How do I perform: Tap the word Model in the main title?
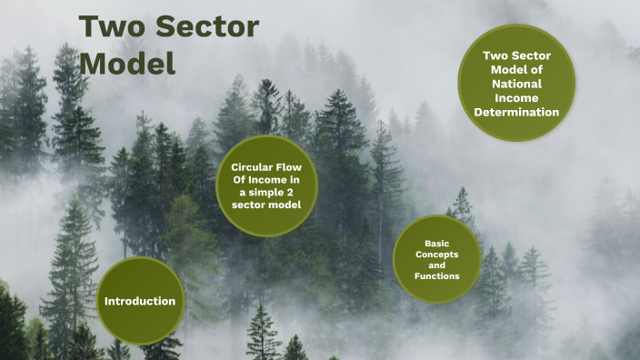pyautogui.click(x=126, y=64)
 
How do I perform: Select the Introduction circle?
pyautogui.click(x=140, y=301)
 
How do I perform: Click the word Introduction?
pyautogui.click(x=140, y=301)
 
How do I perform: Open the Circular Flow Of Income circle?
pyautogui.click(x=265, y=186)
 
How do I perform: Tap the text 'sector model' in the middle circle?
pyautogui.click(x=266, y=205)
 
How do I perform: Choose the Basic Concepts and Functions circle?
pyautogui.click(x=436, y=260)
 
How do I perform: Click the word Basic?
pyautogui.click(x=437, y=244)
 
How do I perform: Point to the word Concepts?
pyautogui.click(x=437, y=254)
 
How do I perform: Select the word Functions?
pyautogui.click(x=437, y=275)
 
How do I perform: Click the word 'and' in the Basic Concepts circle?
pyautogui.click(x=437, y=265)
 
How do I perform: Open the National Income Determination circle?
pyautogui.click(x=516, y=84)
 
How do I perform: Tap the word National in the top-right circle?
pyautogui.click(x=516, y=84)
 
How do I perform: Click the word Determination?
pyautogui.click(x=516, y=113)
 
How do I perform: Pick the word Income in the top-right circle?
pyautogui.click(x=516, y=98)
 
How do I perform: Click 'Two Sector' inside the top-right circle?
pyautogui.click(x=516, y=55)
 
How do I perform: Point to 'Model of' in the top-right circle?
pyautogui.click(x=516, y=70)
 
